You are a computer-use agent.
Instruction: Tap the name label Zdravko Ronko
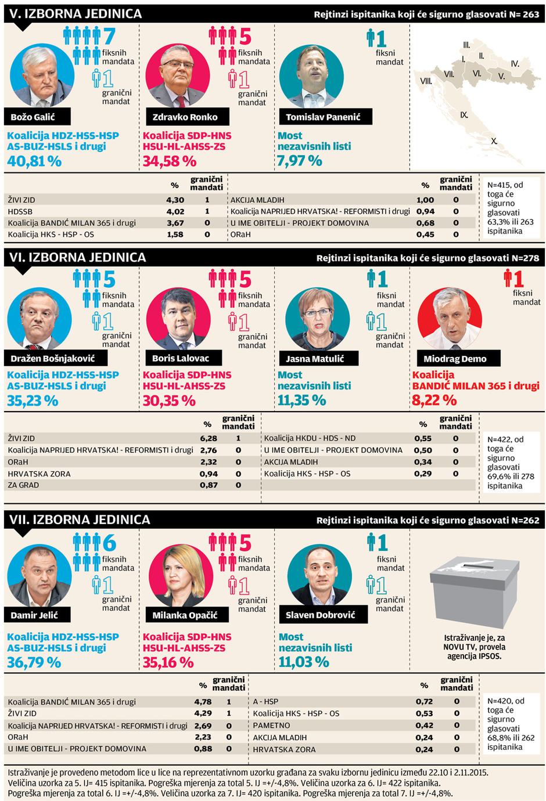185,117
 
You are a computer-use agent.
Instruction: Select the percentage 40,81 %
34,161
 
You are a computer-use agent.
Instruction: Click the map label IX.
464,115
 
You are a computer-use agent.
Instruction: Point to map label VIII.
426,81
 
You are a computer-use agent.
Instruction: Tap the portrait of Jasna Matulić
317,319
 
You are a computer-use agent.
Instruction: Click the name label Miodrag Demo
455,359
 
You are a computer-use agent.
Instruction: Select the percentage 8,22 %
434,400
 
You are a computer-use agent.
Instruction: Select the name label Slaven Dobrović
320,615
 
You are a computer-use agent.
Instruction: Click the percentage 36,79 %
34,662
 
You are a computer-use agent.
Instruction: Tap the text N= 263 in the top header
520,15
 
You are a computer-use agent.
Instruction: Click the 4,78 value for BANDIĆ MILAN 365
203,702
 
